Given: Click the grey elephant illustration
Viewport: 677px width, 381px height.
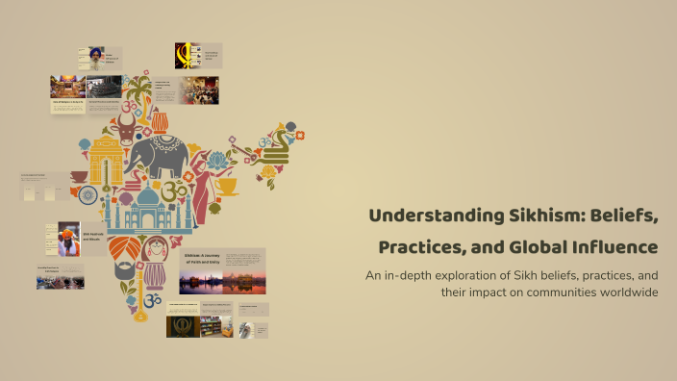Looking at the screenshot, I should click(x=158, y=154).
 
